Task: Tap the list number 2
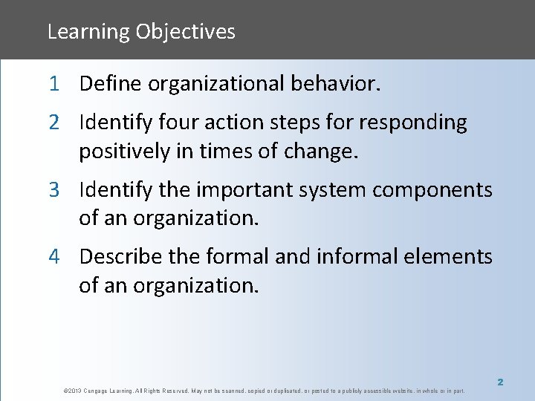click(x=55, y=122)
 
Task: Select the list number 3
click(x=55, y=190)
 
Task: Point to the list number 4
click(x=55, y=257)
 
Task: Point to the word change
click(x=322, y=152)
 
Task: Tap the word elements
click(x=451, y=257)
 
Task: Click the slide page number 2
click(x=500, y=382)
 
